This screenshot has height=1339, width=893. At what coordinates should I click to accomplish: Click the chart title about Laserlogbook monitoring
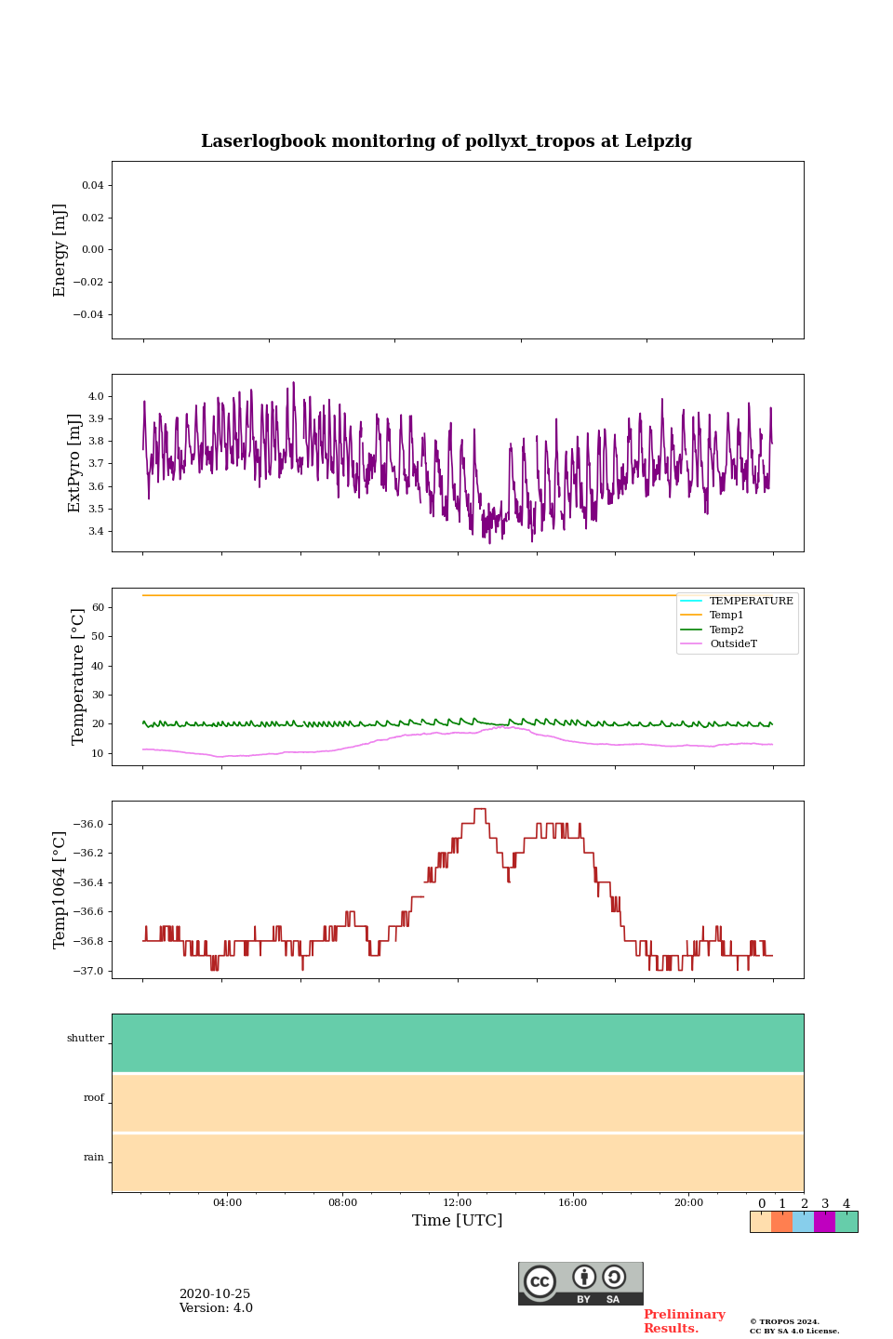(446, 141)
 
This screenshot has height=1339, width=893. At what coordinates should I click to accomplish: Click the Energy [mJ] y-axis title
(60, 250)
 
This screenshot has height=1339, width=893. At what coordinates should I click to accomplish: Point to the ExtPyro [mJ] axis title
(75, 463)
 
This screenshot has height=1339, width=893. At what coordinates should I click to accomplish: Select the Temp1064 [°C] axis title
(60, 890)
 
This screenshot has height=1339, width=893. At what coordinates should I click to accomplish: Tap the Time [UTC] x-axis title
(458, 1220)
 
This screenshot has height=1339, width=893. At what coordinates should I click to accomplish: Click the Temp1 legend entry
(726, 616)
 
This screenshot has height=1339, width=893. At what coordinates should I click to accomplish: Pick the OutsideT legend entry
(733, 644)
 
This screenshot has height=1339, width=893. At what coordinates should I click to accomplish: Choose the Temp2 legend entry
(726, 630)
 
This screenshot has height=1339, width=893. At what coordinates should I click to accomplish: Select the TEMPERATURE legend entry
(751, 601)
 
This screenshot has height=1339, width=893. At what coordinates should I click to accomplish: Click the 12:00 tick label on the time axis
(458, 1202)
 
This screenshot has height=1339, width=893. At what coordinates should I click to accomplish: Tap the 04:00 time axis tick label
(227, 1202)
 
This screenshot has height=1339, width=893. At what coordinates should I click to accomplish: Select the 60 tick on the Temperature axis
(97, 607)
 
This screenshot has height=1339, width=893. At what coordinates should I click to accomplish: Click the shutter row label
(86, 1039)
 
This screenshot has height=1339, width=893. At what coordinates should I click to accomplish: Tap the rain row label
(94, 1158)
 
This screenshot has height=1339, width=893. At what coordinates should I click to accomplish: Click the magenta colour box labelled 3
(824, 1222)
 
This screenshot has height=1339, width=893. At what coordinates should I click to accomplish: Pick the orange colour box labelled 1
(781, 1222)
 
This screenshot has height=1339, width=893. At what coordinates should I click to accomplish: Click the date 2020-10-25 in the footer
(215, 1294)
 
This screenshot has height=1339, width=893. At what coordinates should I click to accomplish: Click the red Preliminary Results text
(684, 1321)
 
